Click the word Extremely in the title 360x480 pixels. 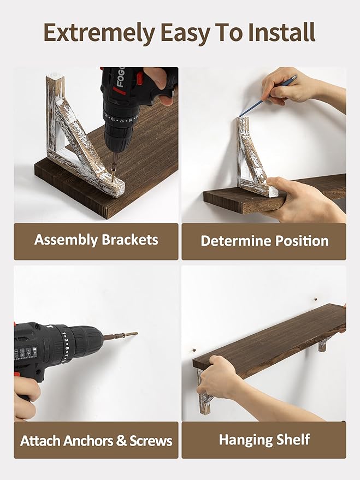pos(99,33)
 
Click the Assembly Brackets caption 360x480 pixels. pos(96,240)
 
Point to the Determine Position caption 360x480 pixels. pos(264,241)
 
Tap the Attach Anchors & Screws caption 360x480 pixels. pos(96,441)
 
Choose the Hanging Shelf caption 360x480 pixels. pos(264,440)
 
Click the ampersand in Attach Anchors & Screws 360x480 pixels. pos(121,441)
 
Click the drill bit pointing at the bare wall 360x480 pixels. pos(120,335)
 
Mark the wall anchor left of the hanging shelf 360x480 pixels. pos(194,349)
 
